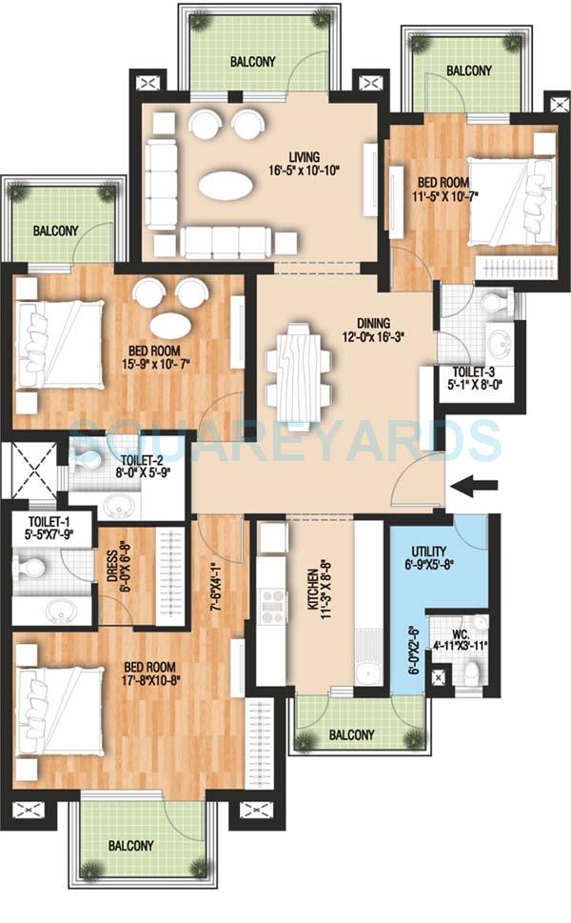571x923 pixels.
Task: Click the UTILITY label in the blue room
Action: [428, 552]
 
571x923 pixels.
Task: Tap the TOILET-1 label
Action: [47, 521]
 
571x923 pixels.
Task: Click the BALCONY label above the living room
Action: [252, 62]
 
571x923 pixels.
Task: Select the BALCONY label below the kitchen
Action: [349, 734]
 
